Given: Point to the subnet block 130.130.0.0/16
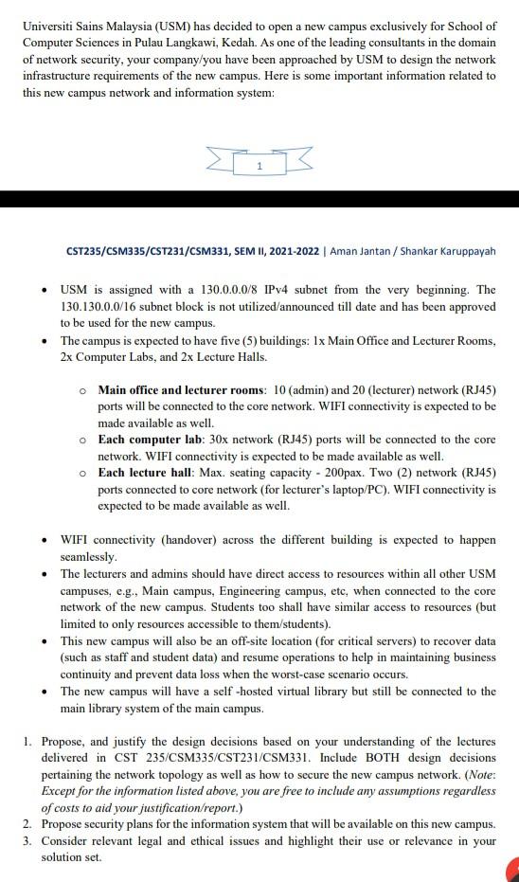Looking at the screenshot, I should [x=103, y=307].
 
